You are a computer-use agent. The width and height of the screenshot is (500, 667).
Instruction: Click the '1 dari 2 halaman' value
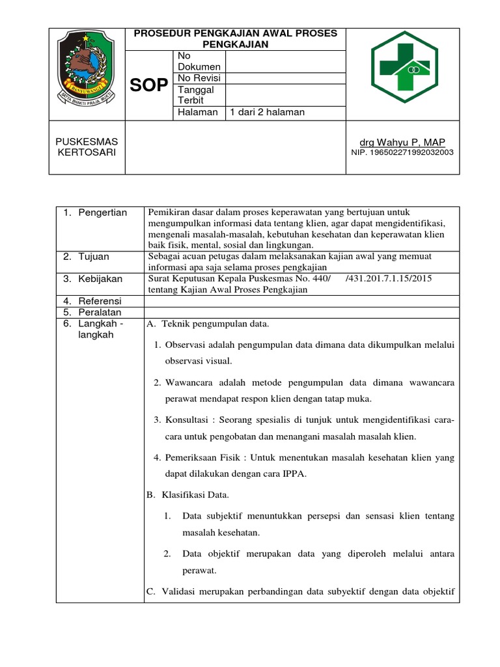coord(267,112)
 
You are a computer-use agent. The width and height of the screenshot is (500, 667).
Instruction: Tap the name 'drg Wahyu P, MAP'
coord(402,143)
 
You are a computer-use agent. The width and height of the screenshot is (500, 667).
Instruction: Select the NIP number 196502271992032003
coord(402,152)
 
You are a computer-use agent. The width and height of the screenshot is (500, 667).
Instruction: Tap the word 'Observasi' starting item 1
coord(186,344)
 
